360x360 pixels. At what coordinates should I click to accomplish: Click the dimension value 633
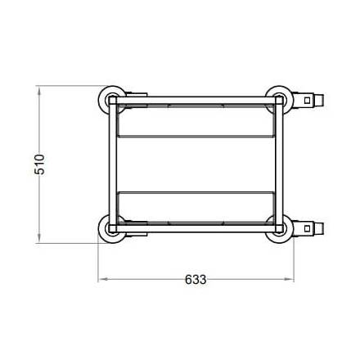click(195, 279)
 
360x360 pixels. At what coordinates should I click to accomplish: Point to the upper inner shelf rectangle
click(195, 120)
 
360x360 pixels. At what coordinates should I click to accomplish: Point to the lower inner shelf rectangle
click(195, 206)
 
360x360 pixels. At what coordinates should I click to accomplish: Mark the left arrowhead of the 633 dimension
click(102, 279)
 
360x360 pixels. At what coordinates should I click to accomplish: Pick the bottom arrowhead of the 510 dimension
click(39, 241)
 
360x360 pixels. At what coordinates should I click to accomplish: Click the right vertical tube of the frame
click(279, 164)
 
